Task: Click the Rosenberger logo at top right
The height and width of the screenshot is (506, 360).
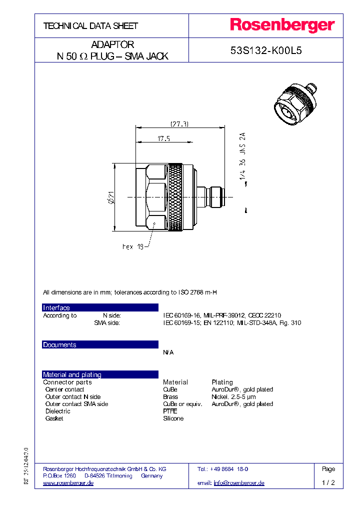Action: tap(282, 25)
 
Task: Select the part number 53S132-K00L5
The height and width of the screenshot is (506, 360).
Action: tap(265, 51)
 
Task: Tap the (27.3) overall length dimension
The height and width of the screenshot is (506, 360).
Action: tap(179, 124)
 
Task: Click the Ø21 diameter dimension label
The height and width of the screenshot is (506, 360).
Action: tap(110, 198)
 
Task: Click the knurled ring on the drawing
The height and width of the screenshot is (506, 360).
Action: tap(175, 198)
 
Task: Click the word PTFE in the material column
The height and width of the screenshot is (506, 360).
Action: tap(170, 411)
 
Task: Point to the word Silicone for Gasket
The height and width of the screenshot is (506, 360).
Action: tap(173, 418)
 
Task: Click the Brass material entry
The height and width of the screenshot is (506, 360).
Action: tap(170, 396)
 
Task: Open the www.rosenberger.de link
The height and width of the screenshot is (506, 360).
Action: tap(68, 483)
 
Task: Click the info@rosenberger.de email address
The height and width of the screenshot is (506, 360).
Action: tap(238, 483)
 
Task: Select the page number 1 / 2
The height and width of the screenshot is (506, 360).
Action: tap(328, 483)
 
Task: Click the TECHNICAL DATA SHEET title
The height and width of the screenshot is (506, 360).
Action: tap(90, 25)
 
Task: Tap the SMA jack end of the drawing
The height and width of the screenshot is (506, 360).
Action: tap(216, 198)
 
